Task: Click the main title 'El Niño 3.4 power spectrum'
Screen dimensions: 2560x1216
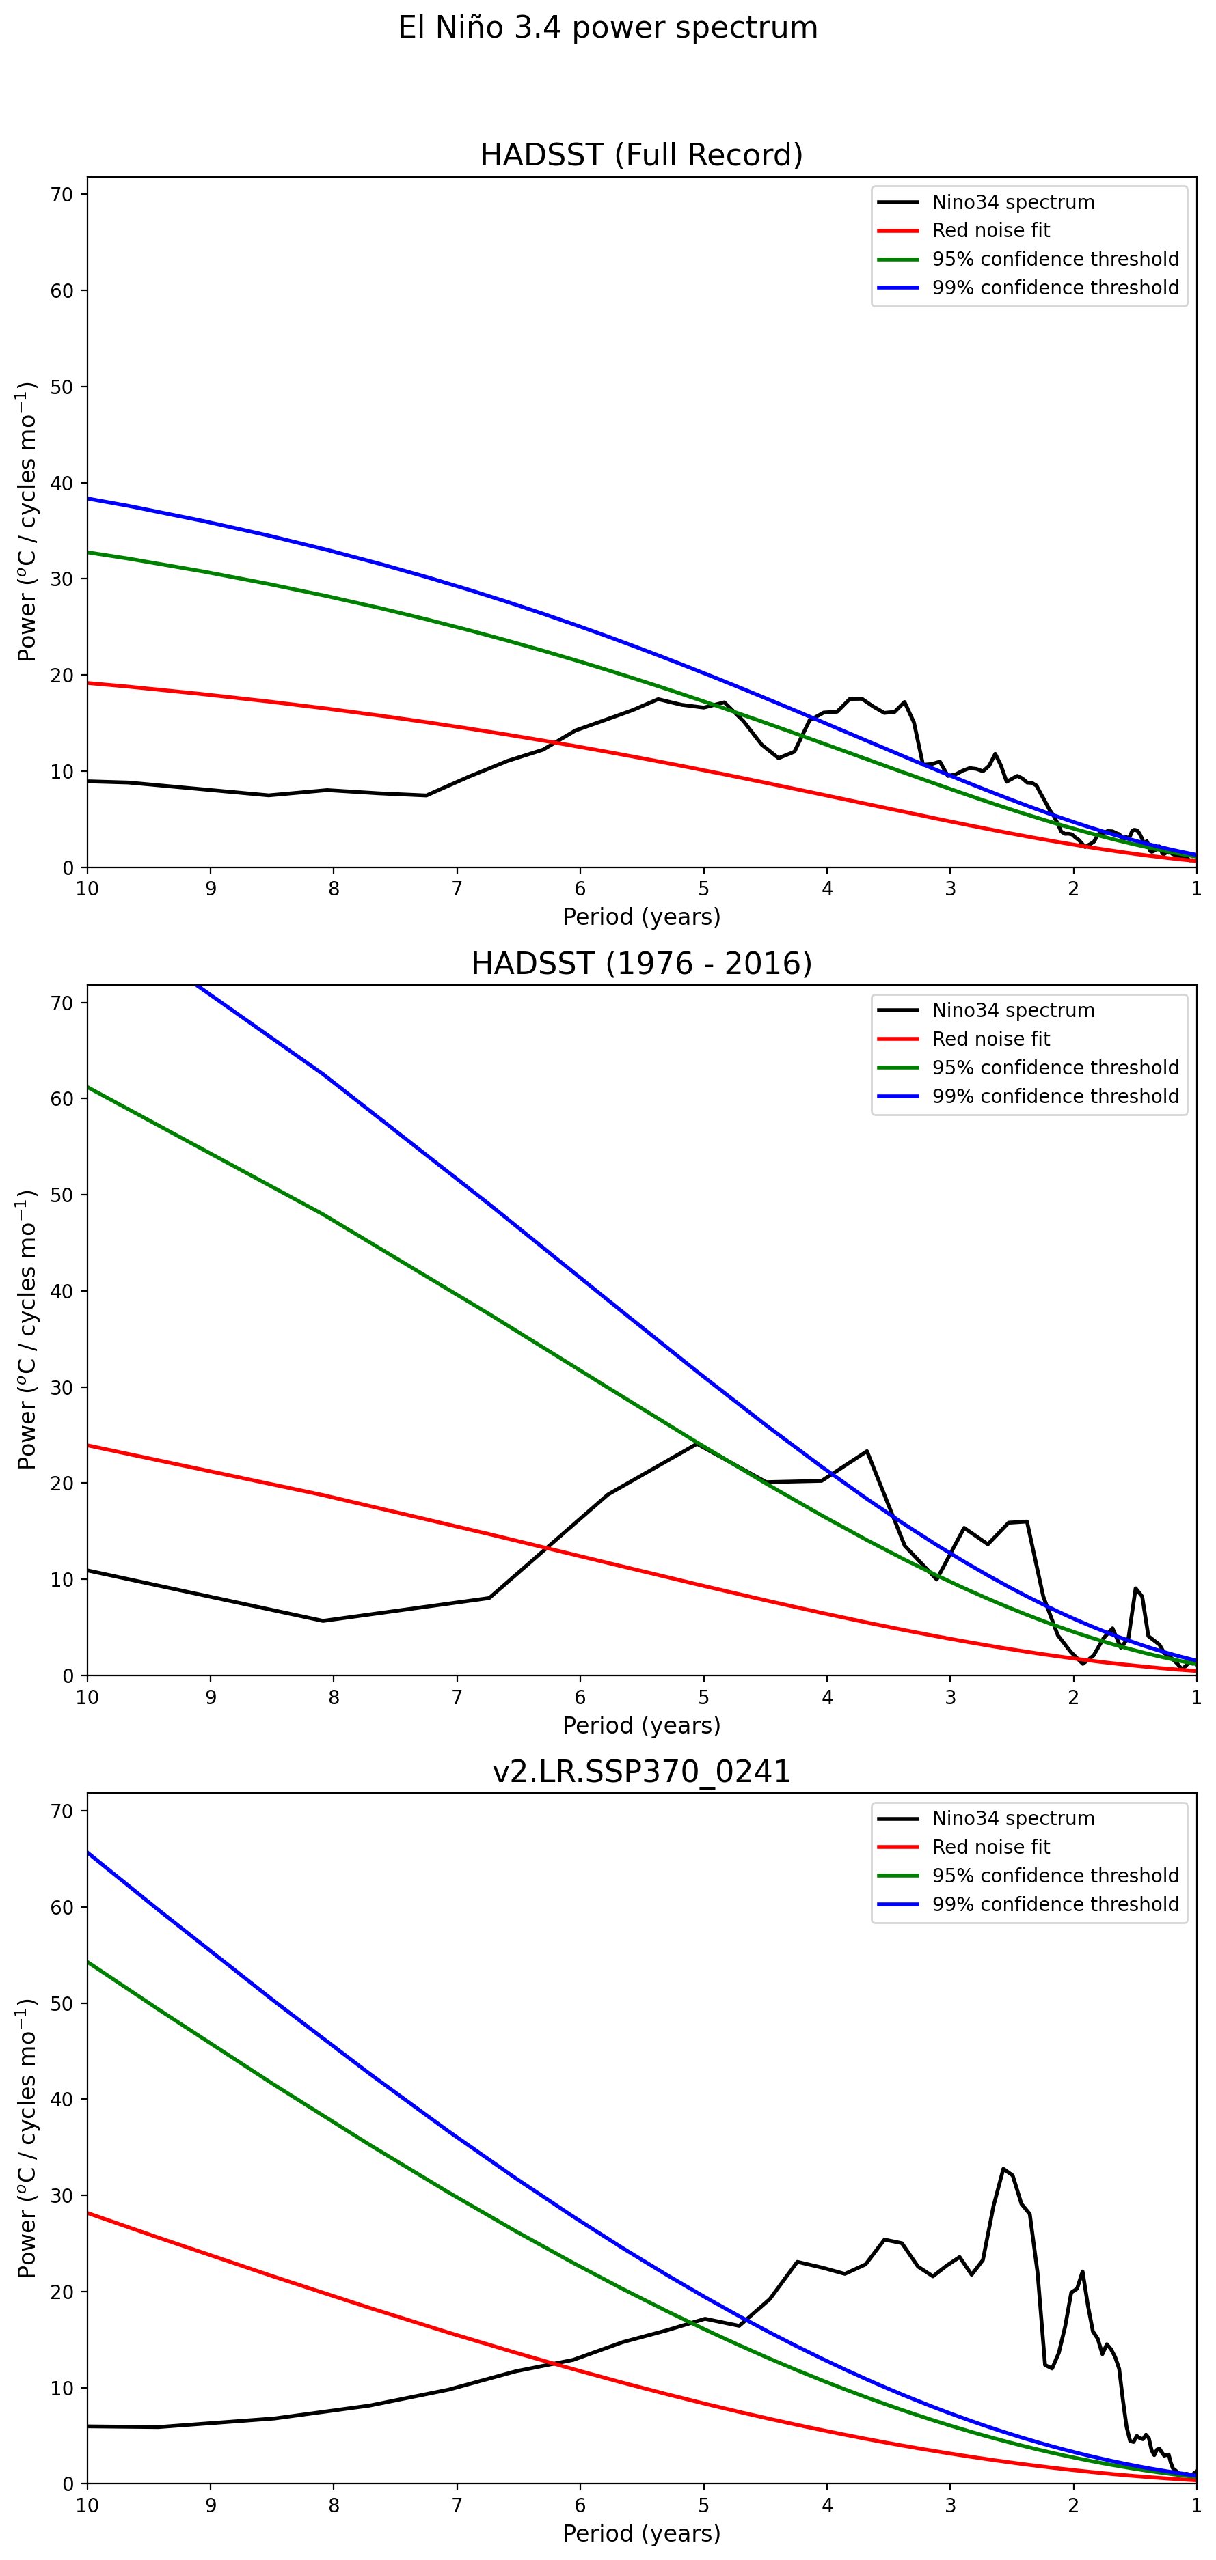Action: pos(608,28)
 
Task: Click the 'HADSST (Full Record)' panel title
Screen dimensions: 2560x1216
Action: pos(641,155)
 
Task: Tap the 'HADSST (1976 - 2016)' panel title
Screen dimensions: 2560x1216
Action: pos(641,964)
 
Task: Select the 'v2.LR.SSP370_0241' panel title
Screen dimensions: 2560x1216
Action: pos(641,1772)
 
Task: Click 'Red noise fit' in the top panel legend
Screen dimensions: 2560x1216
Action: pos(990,231)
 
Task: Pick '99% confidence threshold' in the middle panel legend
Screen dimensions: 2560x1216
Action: pos(1055,1096)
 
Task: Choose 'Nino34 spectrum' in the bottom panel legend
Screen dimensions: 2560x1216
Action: pos(1012,1819)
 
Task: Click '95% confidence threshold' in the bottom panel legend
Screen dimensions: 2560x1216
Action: pos(1055,1876)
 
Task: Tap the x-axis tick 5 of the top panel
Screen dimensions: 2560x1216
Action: pos(704,889)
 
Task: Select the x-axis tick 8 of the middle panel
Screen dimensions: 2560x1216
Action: pos(334,1697)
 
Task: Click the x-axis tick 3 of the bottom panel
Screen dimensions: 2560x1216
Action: pos(951,2505)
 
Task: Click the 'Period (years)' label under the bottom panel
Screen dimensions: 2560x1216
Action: pos(641,2533)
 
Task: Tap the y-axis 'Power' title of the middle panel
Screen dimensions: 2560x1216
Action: pos(27,1330)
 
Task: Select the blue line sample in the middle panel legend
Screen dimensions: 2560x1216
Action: pos(898,1096)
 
